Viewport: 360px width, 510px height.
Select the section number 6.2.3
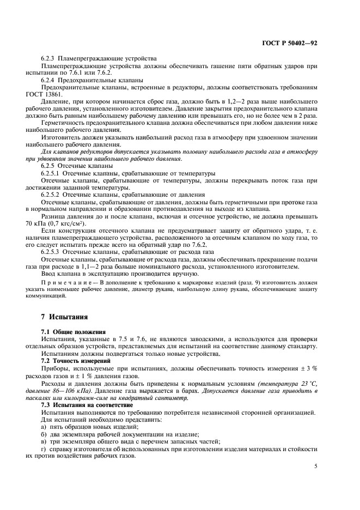click(x=50, y=58)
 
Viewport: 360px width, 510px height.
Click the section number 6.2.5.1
click(x=52, y=172)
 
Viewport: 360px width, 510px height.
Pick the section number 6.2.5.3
click(x=52, y=252)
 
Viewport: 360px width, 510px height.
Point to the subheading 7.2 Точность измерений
click(x=76, y=360)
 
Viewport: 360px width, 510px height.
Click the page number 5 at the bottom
click(x=316, y=466)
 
